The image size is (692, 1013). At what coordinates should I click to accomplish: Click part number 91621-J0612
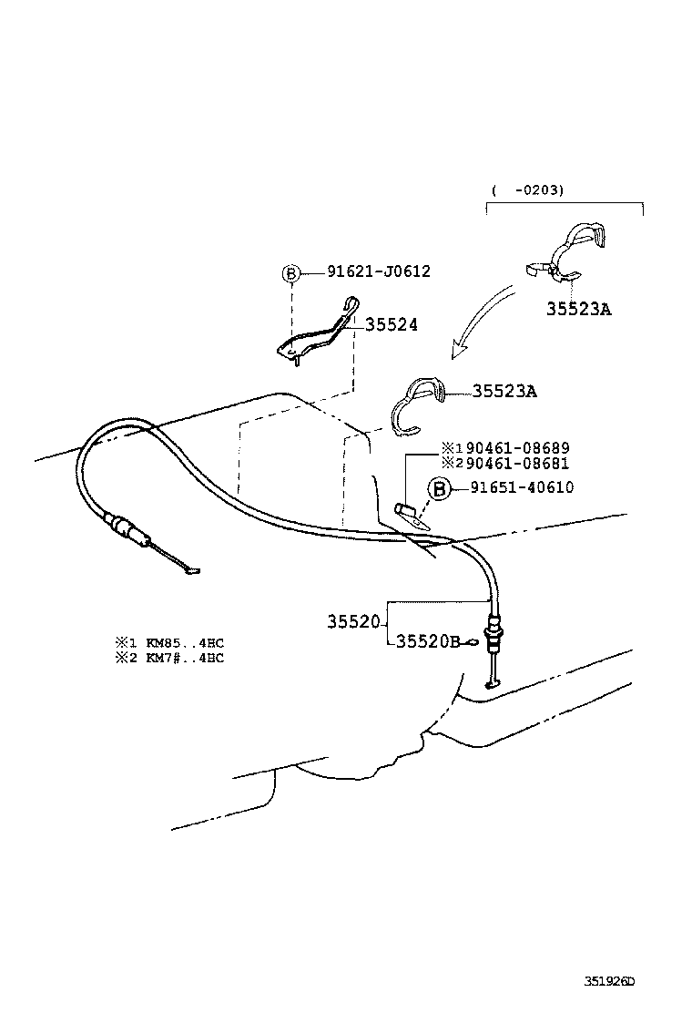[378, 271]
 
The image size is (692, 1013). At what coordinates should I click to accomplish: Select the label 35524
[392, 324]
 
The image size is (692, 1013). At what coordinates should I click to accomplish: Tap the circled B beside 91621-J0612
[290, 272]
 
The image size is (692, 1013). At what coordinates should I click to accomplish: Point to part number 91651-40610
[522, 488]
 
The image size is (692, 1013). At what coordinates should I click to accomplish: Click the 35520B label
[428, 641]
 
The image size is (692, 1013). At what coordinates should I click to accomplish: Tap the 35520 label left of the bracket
[353, 621]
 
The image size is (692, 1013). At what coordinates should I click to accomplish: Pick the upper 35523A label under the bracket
[578, 309]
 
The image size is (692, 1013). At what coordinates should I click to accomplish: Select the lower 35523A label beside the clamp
[504, 392]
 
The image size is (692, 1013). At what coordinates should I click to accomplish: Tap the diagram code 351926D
[608, 982]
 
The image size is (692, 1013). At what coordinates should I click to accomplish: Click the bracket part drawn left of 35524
[315, 332]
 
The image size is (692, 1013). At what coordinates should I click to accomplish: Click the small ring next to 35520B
[471, 642]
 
